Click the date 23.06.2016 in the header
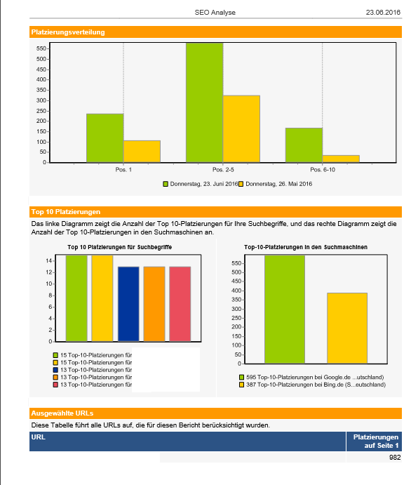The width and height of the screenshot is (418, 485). tap(383, 13)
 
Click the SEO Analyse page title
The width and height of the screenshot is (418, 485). tap(215, 13)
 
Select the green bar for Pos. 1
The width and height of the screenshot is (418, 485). tap(105, 138)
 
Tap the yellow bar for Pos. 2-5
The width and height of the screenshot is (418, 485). tap(241, 128)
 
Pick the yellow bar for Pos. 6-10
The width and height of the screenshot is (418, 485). tap(341, 159)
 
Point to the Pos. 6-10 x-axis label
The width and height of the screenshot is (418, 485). tap(323, 169)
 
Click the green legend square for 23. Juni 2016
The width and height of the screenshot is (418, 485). tap(166, 184)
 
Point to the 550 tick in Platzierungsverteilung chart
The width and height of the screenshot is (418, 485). tap(41, 48)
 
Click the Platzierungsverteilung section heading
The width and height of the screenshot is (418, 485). tap(68, 32)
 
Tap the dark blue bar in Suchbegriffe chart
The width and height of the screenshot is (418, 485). tap(128, 304)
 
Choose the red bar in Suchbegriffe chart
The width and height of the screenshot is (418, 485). tap(180, 304)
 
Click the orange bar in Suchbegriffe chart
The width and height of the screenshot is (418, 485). tap(154, 304)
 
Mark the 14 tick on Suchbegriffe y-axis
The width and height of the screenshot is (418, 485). tap(49, 261)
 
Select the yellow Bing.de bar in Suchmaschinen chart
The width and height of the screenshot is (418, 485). tap(347, 328)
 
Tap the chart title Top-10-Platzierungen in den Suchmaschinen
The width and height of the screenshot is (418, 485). tap(306, 247)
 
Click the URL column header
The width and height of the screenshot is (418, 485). tap(39, 437)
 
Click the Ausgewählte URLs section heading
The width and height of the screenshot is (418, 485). tap(62, 413)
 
